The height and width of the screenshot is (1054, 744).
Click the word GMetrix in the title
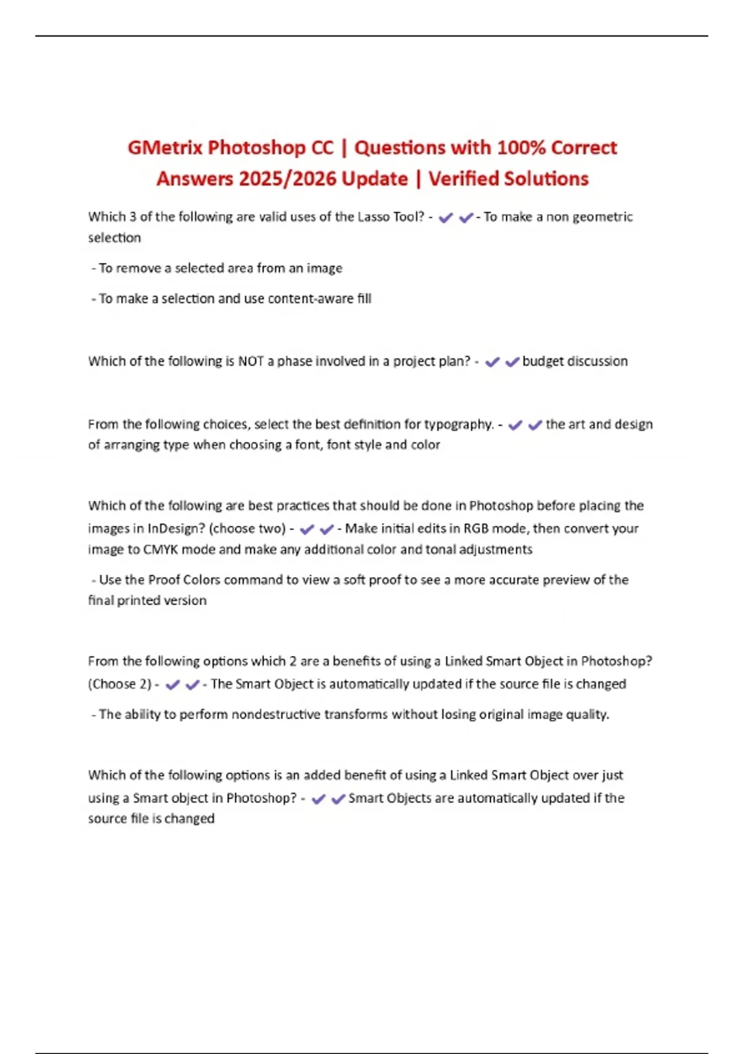click(165, 148)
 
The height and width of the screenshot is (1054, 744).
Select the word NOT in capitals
click(251, 361)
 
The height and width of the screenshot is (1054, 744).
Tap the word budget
click(543, 361)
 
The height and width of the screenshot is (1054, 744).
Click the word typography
click(458, 425)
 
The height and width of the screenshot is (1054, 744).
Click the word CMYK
click(161, 550)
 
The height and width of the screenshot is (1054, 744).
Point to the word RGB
click(476, 529)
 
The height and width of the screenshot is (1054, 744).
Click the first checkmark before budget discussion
click(492, 362)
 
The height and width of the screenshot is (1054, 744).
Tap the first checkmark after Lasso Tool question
click(445, 218)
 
